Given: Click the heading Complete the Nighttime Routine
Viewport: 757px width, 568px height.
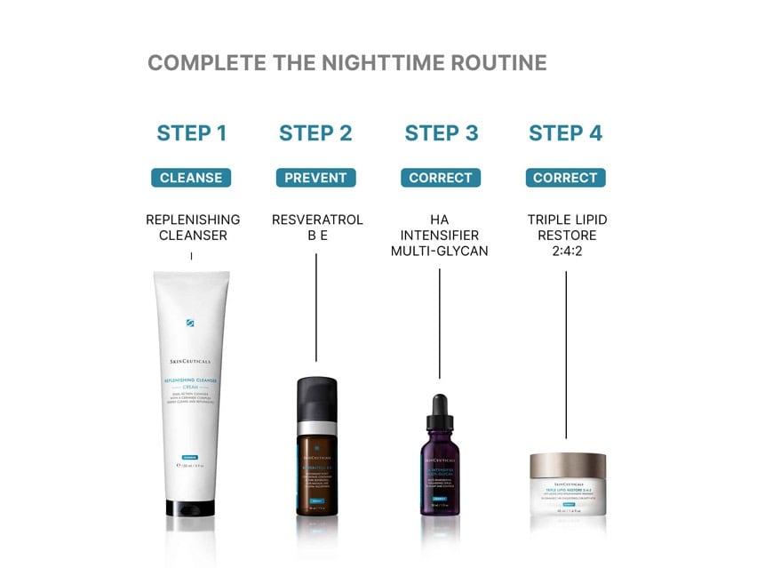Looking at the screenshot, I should coord(347,63).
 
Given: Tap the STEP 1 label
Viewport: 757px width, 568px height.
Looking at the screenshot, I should coord(191,133).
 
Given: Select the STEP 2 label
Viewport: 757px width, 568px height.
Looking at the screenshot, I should coord(315,133).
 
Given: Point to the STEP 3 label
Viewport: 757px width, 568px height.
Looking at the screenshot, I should coord(441,133).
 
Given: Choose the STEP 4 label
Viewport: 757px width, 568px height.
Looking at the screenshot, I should coord(565,133).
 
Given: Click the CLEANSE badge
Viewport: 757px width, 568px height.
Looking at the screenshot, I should coord(191,178).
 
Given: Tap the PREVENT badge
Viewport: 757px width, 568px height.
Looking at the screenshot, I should coord(315,178).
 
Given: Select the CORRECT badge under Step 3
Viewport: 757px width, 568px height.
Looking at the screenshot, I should coord(441,178).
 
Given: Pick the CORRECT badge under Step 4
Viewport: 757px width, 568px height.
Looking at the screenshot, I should coord(565,178).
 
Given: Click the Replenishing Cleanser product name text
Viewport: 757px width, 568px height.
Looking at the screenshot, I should coord(192,228).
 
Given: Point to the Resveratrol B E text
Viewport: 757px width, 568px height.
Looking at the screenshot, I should coord(316,228).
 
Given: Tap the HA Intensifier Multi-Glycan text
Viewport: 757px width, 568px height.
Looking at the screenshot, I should coord(440,236).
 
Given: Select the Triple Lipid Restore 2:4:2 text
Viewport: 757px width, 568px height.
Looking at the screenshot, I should coord(566,236).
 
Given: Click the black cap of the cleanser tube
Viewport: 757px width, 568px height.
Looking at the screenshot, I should coord(191,507).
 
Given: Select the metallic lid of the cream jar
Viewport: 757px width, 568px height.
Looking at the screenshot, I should coord(568,464).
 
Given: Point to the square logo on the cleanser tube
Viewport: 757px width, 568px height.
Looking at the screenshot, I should coord(190,323).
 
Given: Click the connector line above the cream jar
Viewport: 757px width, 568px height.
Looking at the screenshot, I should coord(566,356).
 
